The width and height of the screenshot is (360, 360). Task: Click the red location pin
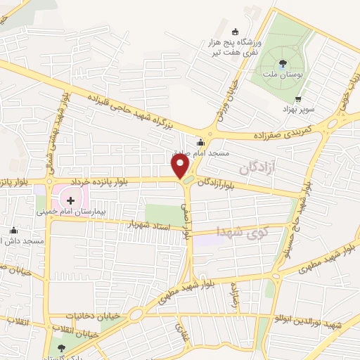coord(181,165)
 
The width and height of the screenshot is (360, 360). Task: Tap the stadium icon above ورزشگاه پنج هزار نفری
coord(234,31)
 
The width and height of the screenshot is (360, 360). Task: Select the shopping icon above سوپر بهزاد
coord(299,99)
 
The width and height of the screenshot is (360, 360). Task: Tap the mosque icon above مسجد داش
coord(13,231)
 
